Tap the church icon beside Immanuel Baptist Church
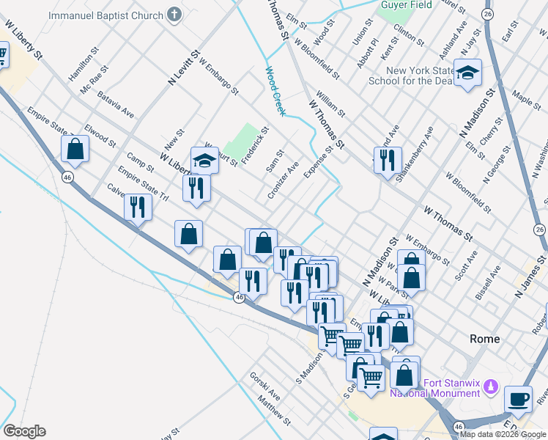point(174,14)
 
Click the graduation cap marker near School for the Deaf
point(467,73)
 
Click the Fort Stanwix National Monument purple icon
point(492,386)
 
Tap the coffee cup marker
point(519,398)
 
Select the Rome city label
point(484,339)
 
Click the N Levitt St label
point(184,68)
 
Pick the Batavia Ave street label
point(116,103)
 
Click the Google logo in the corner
point(24,431)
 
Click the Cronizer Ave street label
point(284,185)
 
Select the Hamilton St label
point(82,65)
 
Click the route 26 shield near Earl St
point(488,14)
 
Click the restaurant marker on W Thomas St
point(388,159)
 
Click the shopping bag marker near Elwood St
point(75,149)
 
